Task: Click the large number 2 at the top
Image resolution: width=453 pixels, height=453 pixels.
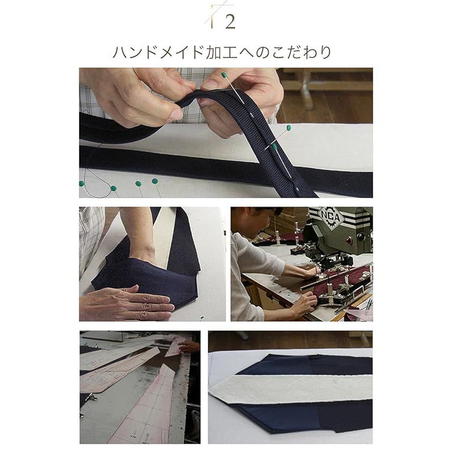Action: tap(230, 22)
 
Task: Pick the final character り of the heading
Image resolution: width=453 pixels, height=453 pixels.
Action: tap(326, 52)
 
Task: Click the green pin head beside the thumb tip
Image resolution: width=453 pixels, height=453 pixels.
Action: tap(224, 75)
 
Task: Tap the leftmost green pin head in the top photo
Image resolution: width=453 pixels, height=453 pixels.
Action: tap(82, 183)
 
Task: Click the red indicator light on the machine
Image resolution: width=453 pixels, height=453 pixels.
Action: tap(349, 240)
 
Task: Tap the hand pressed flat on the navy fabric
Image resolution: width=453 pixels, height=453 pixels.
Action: tap(127, 303)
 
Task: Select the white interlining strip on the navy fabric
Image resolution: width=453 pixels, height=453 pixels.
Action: tap(292, 388)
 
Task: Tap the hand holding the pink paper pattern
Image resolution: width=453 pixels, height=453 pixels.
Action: tap(189, 347)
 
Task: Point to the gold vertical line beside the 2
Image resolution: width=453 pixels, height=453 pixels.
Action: tap(212, 18)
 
